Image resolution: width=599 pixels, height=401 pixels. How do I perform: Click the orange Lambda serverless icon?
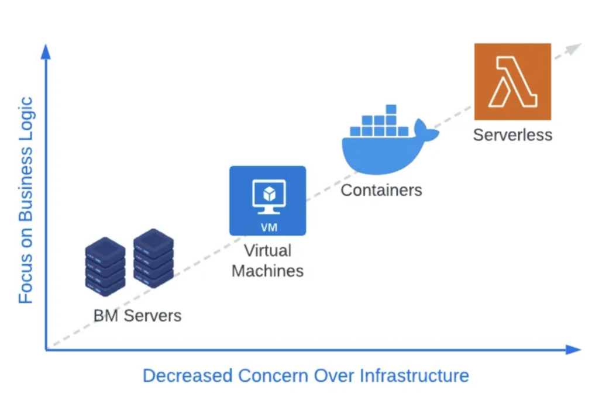(x=512, y=81)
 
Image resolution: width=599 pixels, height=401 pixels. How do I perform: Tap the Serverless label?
(x=512, y=135)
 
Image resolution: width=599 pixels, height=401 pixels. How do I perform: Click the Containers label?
(x=381, y=190)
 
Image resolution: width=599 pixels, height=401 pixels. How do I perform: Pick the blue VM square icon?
(x=267, y=200)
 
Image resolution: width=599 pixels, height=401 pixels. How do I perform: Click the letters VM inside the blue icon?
(x=268, y=227)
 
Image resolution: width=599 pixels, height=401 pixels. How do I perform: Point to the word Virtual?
(x=267, y=251)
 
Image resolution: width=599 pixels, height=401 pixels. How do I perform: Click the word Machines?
(x=267, y=271)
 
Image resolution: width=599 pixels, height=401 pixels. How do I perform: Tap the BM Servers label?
(x=137, y=316)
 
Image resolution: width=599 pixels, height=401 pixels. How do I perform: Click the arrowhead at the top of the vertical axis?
(x=46, y=51)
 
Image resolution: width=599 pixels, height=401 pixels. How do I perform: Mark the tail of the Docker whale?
(x=427, y=131)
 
